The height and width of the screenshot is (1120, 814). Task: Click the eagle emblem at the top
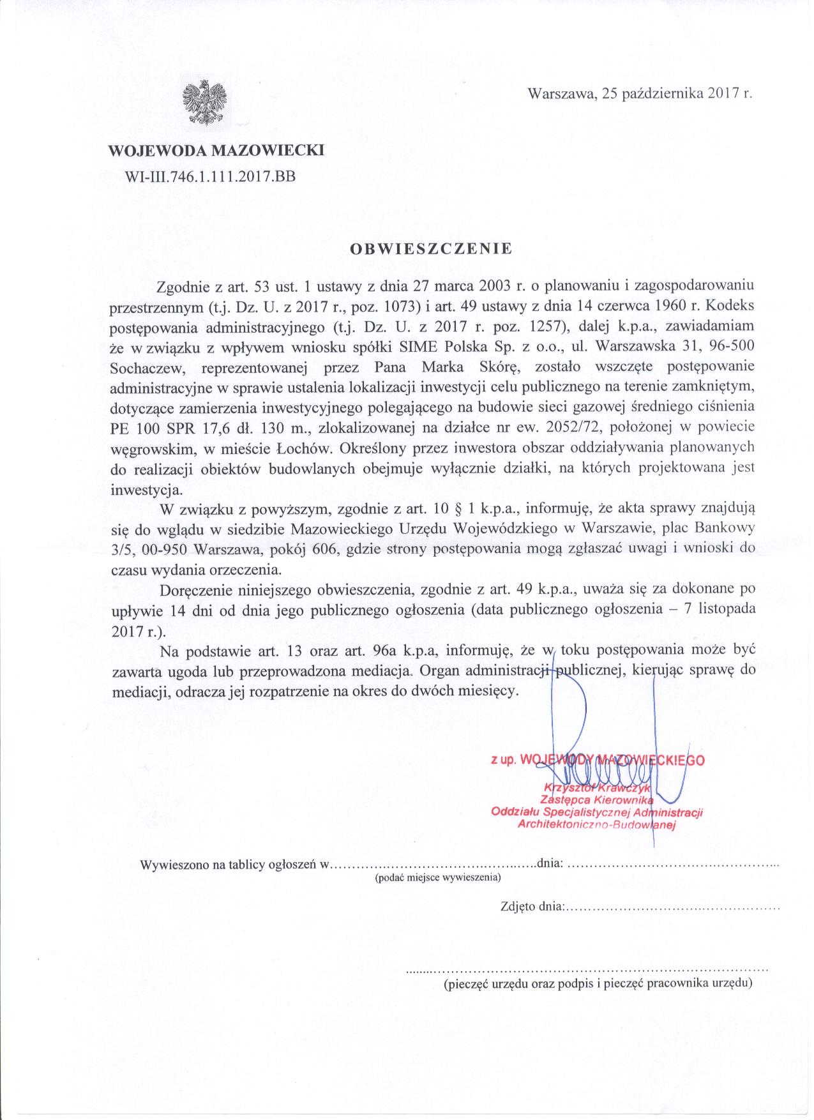click(x=204, y=102)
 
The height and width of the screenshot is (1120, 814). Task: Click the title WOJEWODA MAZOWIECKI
click(x=216, y=151)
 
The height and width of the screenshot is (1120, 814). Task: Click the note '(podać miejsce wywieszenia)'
click(x=437, y=877)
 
